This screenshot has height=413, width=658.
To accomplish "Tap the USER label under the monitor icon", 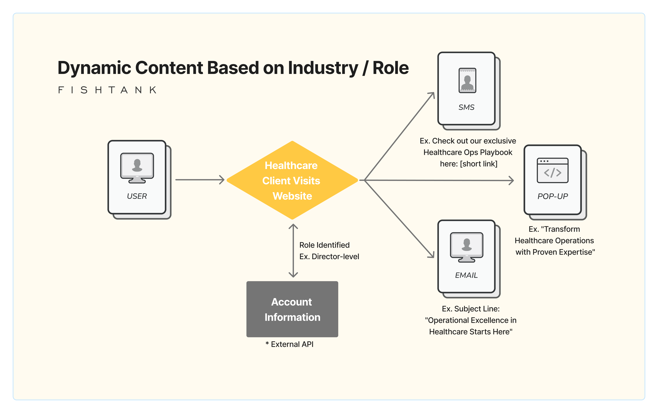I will (137, 196).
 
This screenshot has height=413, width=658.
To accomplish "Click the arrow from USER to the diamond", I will (199, 180).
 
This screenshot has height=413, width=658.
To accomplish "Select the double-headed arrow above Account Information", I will (293, 250).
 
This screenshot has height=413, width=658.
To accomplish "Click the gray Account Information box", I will (292, 309).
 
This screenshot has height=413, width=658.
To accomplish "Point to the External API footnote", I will (290, 344).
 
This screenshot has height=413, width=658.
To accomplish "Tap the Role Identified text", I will (324, 245).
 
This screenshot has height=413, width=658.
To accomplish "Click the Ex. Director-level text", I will (329, 257).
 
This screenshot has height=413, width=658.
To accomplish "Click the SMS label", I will (466, 107).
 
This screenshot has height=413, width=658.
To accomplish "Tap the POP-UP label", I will (552, 196).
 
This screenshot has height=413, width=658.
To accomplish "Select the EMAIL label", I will (466, 275).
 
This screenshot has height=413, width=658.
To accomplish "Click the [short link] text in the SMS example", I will (479, 164).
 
